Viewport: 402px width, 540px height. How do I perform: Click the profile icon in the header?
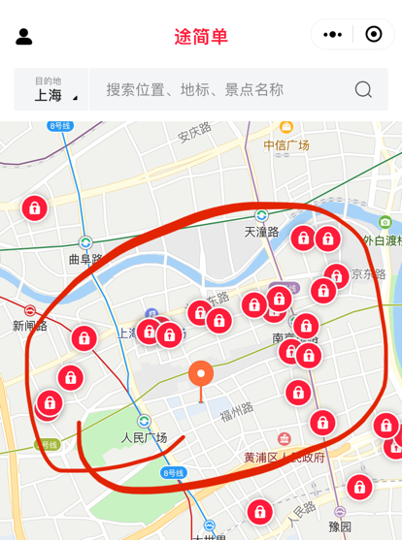click(x=24, y=36)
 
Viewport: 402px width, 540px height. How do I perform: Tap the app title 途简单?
click(x=201, y=37)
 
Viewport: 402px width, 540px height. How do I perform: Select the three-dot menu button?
click(x=332, y=35)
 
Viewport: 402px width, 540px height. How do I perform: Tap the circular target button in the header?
click(x=374, y=35)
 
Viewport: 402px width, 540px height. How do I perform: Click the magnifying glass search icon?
click(x=363, y=90)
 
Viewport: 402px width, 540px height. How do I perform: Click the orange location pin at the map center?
click(x=201, y=374)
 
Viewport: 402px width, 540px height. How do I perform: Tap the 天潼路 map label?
click(x=261, y=232)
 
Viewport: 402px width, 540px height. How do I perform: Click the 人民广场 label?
click(x=144, y=437)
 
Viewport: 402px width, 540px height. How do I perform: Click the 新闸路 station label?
click(x=30, y=326)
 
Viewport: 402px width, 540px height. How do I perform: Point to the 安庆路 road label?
click(x=194, y=133)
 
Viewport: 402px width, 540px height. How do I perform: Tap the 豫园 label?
click(x=340, y=526)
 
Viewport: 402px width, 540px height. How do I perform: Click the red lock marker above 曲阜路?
click(x=34, y=207)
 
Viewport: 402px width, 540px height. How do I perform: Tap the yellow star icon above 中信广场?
click(x=286, y=127)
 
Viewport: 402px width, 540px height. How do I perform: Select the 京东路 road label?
click(x=370, y=273)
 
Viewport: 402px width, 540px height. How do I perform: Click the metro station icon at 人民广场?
click(x=144, y=421)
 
